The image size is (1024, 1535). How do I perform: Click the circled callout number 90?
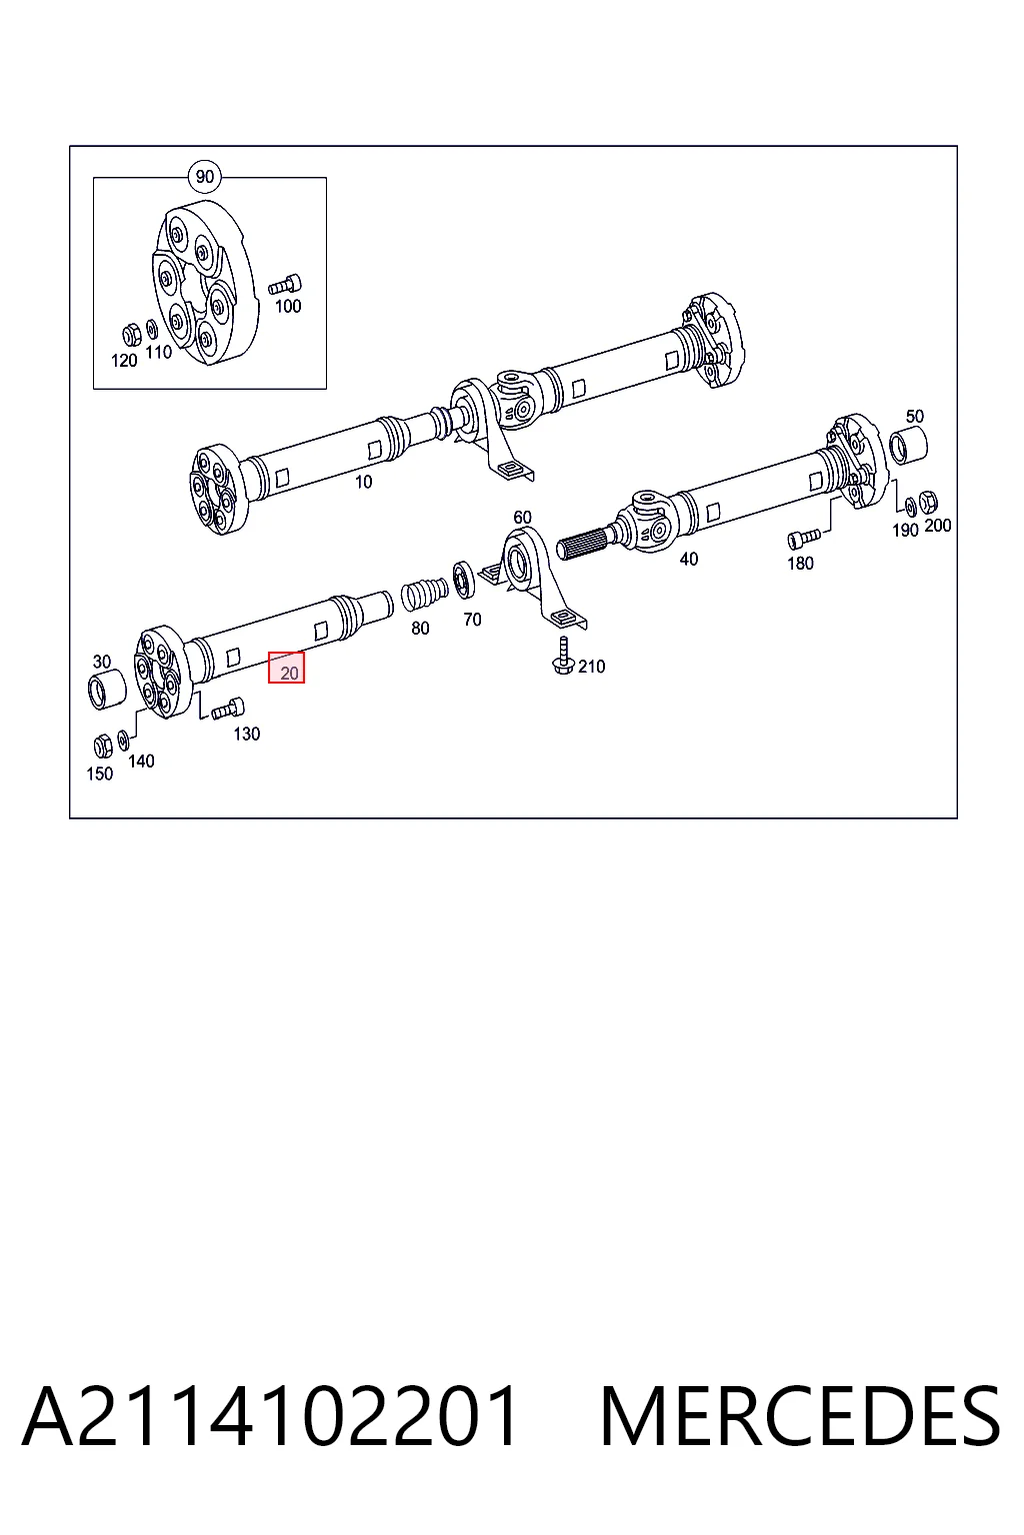(204, 177)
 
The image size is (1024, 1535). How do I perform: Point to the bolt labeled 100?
(285, 285)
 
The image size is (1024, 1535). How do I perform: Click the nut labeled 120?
(132, 335)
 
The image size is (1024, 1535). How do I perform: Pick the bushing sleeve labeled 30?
(108, 691)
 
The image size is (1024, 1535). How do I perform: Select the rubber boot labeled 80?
(424, 595)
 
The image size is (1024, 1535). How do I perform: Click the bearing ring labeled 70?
(464, 579)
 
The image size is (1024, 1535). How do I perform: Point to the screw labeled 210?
(563, 656)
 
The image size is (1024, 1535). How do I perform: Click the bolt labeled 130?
(228, 709)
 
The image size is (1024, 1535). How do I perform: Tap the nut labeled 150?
(103, 746)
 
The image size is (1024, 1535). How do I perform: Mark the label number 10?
(364, 482)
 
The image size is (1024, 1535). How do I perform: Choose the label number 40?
(689, 560)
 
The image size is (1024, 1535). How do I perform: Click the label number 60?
(523, 517)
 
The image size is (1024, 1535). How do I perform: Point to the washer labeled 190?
(910, 507)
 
